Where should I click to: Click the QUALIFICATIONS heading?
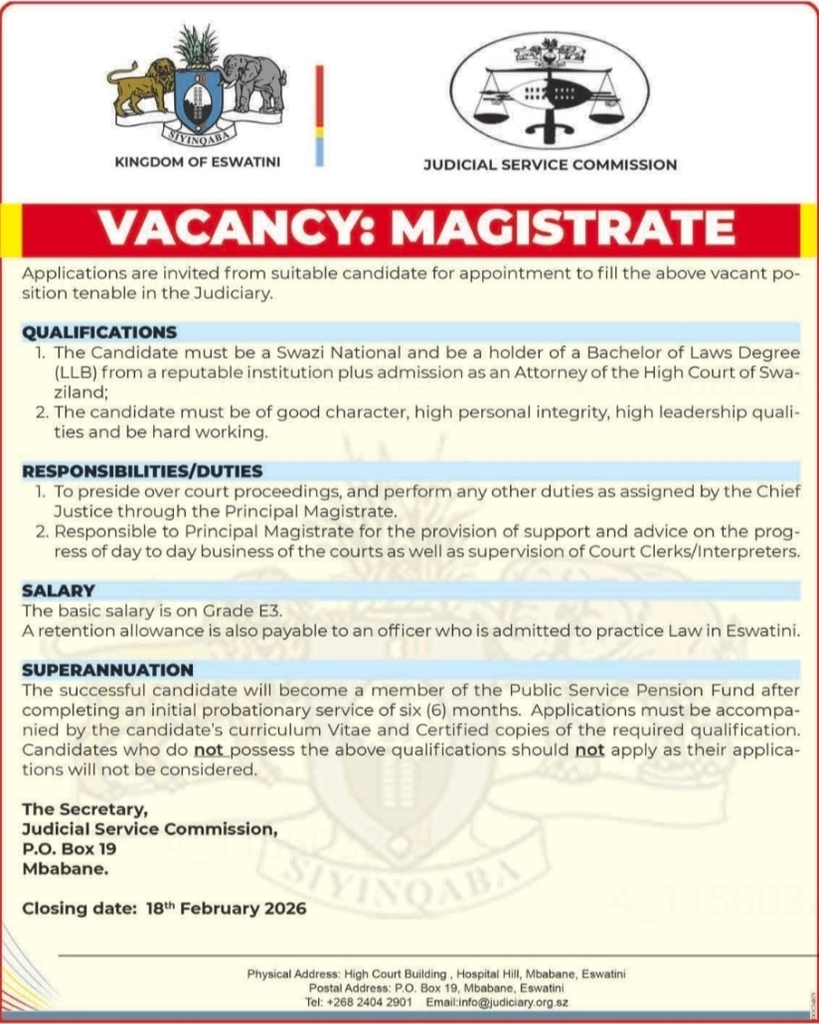[x=99, y=332]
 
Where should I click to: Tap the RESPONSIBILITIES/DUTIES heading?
[x=142, y=471]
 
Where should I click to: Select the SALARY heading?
[x=59, y=591]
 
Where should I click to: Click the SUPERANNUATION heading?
[x=107, y=669]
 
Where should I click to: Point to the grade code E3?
[x=254, y=610]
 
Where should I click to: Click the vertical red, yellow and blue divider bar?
[x=319, y=115]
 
